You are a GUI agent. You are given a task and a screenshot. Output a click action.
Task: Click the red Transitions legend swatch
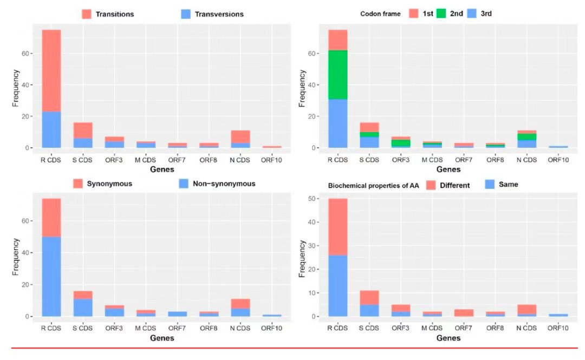click(87, 14)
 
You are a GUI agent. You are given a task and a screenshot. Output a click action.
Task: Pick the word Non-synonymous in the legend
click(225, 184)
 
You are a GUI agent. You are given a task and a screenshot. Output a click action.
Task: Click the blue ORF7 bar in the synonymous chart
click(178, 313)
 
